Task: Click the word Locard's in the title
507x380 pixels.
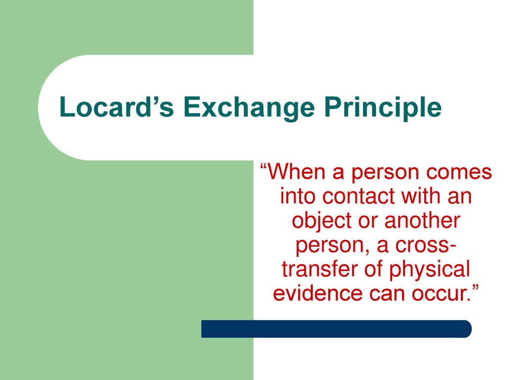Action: pos(117,107)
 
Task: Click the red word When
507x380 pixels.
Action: pos(297,172)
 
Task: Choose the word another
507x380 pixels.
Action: pos(422,220)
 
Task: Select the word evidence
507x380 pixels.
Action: pos(318,293)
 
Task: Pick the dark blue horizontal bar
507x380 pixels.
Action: pos(336,329)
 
